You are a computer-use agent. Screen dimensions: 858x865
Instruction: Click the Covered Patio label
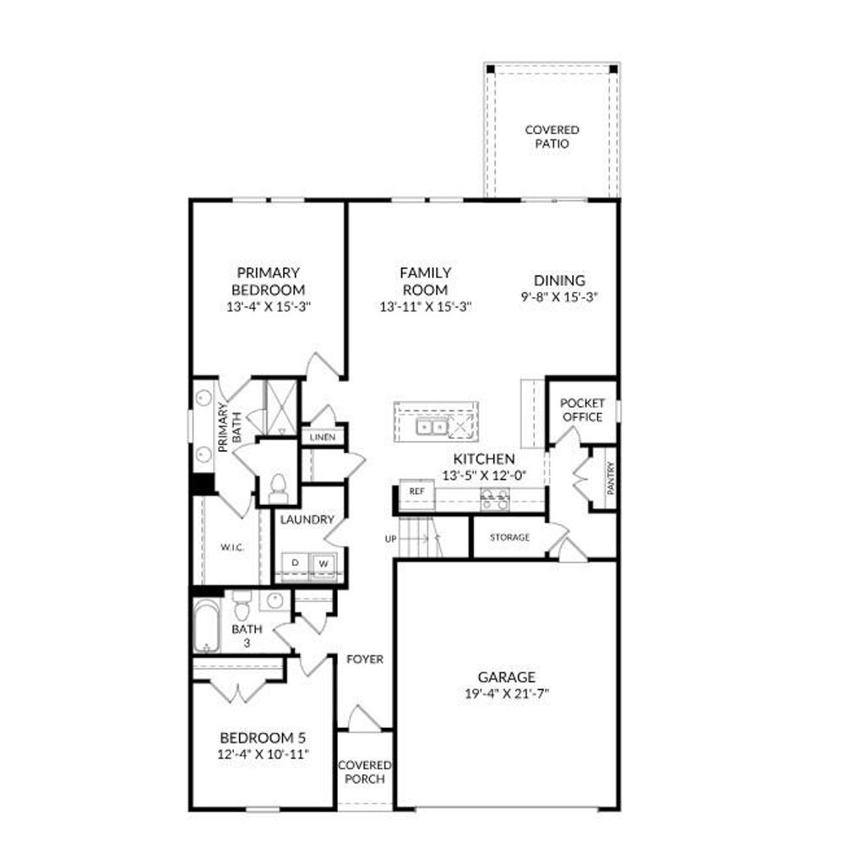click(x=552, y=137)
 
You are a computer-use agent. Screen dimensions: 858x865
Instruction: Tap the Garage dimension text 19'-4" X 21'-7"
click(x=507, y=693)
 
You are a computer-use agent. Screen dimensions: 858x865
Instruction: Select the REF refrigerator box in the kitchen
click(x=416, y=491)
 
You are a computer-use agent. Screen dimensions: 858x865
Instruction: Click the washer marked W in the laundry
click(x=324, y=562)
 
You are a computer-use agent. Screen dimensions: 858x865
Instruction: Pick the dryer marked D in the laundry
click(x=296, y=562)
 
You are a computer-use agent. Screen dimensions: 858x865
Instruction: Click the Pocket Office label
click(x=582, y=410)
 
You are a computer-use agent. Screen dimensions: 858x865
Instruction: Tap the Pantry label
click(x=610, y=478)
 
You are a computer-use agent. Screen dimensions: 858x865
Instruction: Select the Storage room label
click(x=509, y=537)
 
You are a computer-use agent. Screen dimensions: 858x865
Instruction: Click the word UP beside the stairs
click(x=391, y=538)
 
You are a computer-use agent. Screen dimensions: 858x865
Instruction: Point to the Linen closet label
click(x=323, y=437)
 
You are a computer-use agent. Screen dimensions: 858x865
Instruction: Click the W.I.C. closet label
click(x=232, y=547)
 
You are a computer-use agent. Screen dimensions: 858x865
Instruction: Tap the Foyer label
click(x=365, y=659)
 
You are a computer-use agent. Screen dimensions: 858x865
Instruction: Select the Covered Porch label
click(x=364, y=772)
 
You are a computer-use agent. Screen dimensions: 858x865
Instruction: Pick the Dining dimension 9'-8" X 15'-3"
click(x=559, y=297)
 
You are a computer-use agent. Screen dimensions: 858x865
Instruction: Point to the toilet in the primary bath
click(x=278, y=487)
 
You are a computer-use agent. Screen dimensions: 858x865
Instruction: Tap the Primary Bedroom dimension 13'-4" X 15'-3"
click(x=267, y=307)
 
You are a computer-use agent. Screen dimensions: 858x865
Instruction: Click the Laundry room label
click(x=307, y=520)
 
